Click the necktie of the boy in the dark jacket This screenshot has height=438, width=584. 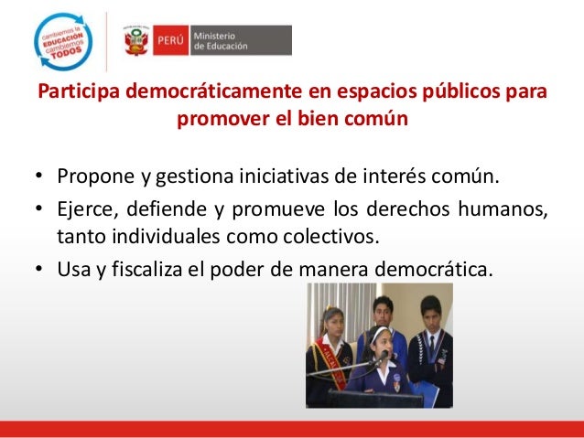[x=433, y=347]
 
